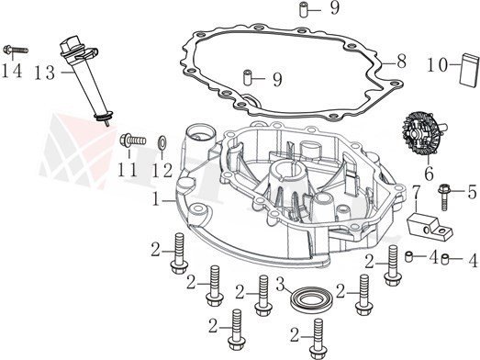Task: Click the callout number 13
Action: (45, 73)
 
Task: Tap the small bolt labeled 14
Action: (16, 50)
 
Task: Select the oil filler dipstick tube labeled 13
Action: (86, 81)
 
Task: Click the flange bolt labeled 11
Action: (132, 141)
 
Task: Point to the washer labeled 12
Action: (162, 141)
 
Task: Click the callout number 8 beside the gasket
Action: (401, 62)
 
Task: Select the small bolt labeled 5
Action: (444, 197)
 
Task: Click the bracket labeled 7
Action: (429, 228)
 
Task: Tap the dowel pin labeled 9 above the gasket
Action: (303, 9)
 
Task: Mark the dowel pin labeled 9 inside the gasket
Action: (248, 78)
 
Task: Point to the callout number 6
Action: (429, 174)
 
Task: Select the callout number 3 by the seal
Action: (281, 284)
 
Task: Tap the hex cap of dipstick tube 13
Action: (70, 44)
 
